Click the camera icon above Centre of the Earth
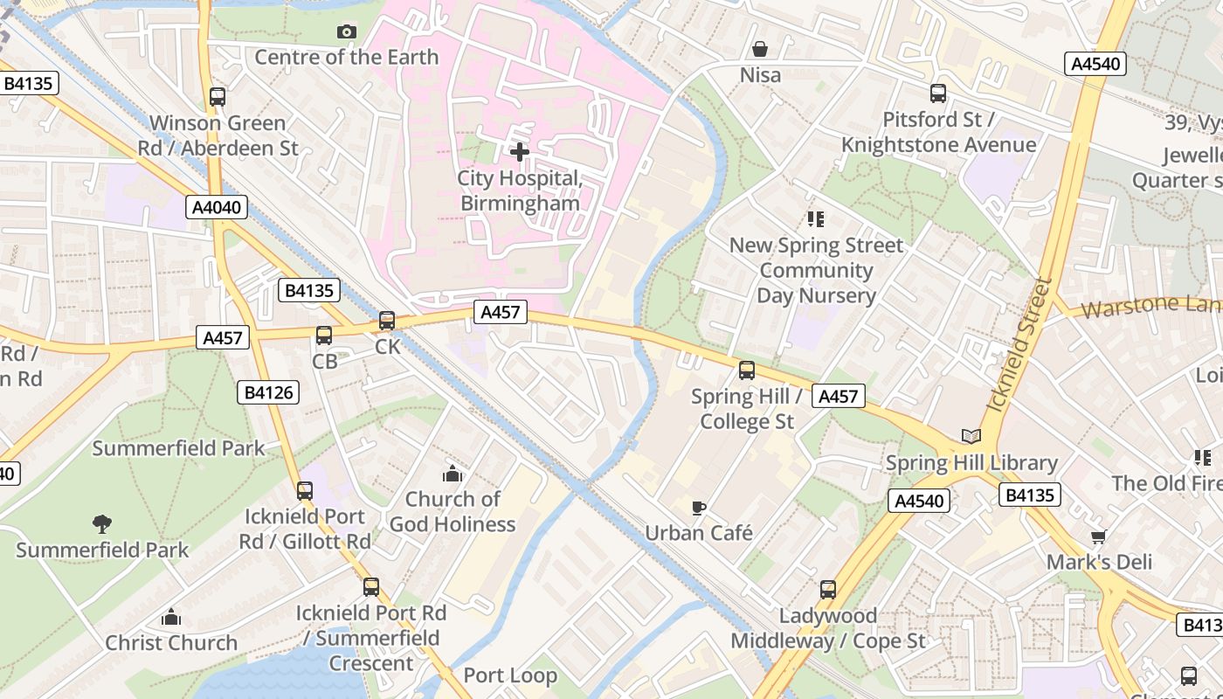point(347,32)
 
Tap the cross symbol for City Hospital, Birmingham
point(520,152)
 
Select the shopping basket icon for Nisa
point(760,49)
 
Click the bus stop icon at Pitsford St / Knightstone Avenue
point(938,93)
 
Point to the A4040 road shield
point(217,207)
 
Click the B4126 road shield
point(268,393)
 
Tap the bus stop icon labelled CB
point(324,336)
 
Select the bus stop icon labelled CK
point(387,321)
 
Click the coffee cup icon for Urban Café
point(698,507)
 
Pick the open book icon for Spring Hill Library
point(971,436)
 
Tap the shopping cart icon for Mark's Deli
point(1099,536)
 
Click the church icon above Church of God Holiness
point(452,474)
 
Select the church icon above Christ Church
point(171,617)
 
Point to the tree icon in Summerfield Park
point(102,524)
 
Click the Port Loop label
point(510,675)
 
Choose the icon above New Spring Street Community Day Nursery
point(815,218)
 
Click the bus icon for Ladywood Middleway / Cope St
point(828,590)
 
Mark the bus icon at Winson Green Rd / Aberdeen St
point(218,97)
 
